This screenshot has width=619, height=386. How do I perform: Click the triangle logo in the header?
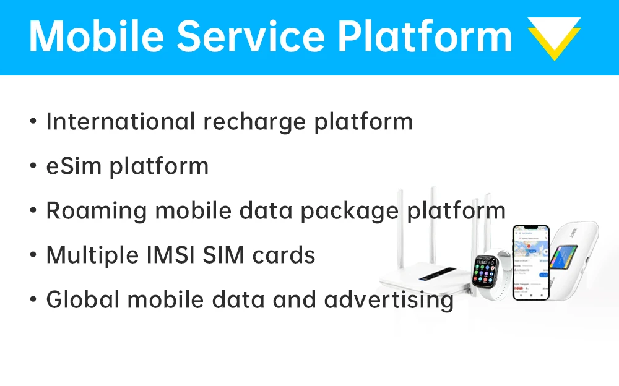(x=553, y=37)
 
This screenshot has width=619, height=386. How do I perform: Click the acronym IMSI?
(x=165, y=255)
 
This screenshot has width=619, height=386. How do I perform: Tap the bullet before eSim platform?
(x=33, y=166)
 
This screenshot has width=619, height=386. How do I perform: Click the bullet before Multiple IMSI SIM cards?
(x=33, y=255)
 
